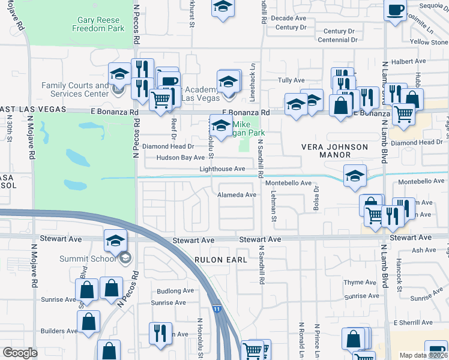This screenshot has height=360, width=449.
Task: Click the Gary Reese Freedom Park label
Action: point(98,24)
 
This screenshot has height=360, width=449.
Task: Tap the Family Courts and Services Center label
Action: point(75,90)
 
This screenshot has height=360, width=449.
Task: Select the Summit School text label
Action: point(87,259)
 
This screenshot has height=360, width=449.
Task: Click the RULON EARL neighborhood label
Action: point(213,259)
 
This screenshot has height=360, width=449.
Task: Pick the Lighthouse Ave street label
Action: point(222,169)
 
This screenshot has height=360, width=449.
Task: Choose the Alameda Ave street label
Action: point(237,195)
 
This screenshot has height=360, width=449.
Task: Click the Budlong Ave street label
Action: point(175,291)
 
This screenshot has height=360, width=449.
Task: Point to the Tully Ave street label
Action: point(292,80)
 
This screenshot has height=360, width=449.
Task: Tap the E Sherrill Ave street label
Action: point(413,323)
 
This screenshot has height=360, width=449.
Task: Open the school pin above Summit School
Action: point(115,240)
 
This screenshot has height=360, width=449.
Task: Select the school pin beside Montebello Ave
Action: point(355,175)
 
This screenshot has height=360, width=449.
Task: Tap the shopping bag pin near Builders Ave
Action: point(88,321)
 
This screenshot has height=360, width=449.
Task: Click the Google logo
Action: point(20,353)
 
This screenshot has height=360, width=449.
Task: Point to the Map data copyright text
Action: point(423,355)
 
